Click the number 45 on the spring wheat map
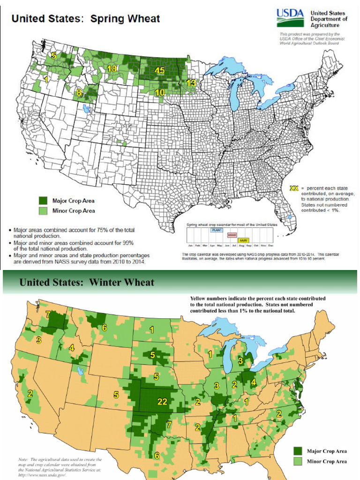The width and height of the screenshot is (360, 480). pyautogui.click(x=159, y=70)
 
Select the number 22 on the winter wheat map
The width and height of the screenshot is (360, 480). pyautogui.click(x=162, y=388)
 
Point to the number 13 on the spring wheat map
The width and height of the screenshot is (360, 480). pyautogui.click(x=191, y=82)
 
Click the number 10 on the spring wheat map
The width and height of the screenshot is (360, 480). pyautogui.click(x=160, y=93)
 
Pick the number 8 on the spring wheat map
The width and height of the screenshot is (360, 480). pyautogui.click(x=79, y=92)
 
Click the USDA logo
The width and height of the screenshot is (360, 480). pyautogui.click(x=291, y=18)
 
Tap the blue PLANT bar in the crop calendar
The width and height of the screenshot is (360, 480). pyautogui.click(x=217, y=230)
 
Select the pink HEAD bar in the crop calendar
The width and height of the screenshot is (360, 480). pyautogui.click(x=232, y=235)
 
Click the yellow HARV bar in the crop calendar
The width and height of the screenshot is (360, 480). pyautogui.click(x=243, y=240)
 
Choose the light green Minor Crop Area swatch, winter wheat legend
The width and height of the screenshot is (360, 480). pyautogui.click(x=297, y=461)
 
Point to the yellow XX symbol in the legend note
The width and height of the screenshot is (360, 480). pyautogui.click(x=294, y=188)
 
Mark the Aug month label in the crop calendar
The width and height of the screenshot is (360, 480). pyautogui.click(x=241, y=246)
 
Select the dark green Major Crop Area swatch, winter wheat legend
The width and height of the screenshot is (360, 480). pyautogui.click(x=297, y=451)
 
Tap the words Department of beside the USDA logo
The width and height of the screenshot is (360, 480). pyautogui.click(x=329, y=19)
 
